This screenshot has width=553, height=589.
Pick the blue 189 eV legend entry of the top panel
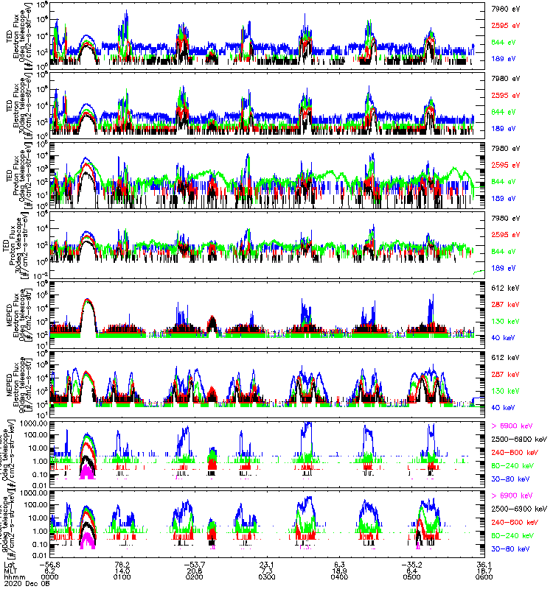click(x=501, y=57)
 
